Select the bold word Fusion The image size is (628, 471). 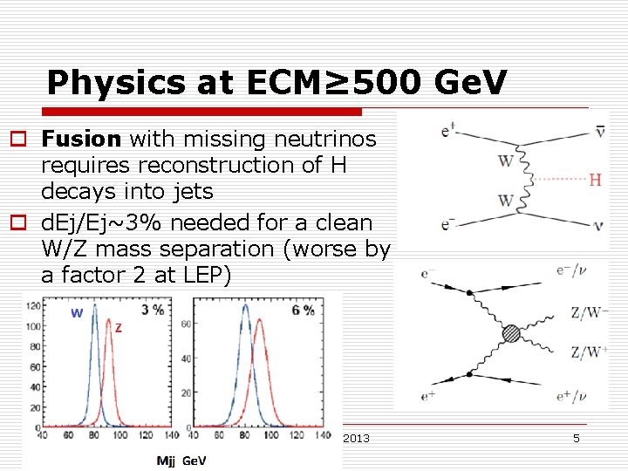pyautogui.click(x=81, y=138)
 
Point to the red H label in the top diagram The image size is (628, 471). pyautogui.click(x=595, y=180)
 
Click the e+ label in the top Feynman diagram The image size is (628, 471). pyautogui.click(x=449, y=132)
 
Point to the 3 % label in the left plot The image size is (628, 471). pyautogui.click(x=153, y=310)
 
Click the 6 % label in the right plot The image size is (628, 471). pyautogui.click(x=303, y=310)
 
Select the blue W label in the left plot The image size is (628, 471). pyautogui.click(x=78, y=313)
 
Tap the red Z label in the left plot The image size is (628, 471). pyautogui.click(x=118, y=329)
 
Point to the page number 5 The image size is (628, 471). pyautogui.click(x=577, y=438)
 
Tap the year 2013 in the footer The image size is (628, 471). pyautogui.click(x=357, y=438)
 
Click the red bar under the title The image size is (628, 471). pyautogui.click(x=192, y=112)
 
